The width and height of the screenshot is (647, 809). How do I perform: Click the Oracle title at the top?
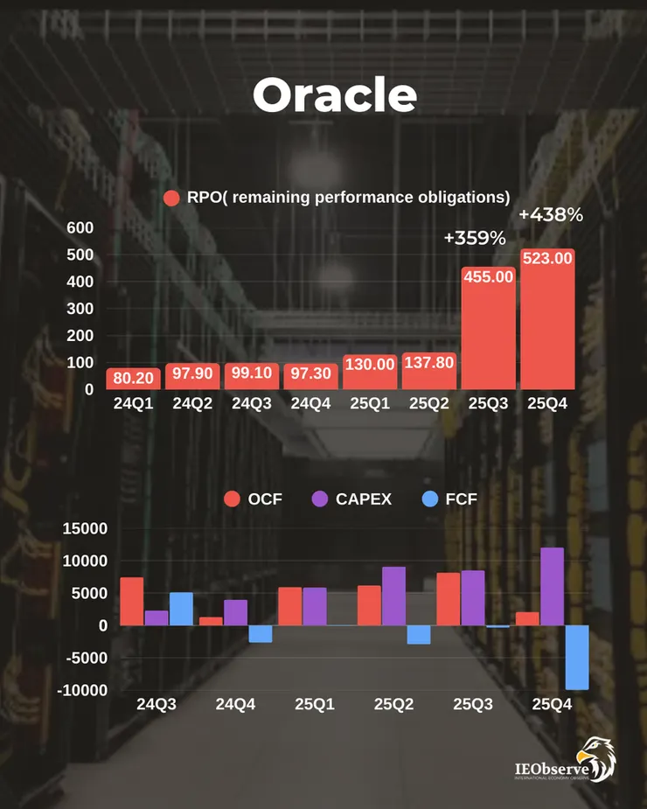[335, 95]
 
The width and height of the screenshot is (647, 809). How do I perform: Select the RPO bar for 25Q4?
[547, 324]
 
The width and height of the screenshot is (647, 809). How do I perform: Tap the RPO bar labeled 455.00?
[488, 332]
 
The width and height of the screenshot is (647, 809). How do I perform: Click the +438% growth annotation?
[550, 214]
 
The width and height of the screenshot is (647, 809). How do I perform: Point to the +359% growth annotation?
[475, 238]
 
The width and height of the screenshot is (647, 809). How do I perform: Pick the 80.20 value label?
[131, 379]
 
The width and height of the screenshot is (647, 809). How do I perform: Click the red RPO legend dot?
[171, 198]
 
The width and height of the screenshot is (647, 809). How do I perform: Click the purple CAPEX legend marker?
[320, 499]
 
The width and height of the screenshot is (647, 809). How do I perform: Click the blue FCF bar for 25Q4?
[576, 657]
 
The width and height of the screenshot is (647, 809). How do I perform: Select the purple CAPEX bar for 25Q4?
[552, 587]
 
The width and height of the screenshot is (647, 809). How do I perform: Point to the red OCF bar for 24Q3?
[132, 602]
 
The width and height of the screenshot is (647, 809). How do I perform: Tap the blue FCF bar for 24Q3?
[181, 609]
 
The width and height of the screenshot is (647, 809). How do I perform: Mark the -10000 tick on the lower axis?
[82, 690]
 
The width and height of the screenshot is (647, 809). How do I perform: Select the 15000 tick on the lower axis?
[84, 528]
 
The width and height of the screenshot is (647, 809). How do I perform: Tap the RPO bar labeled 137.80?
[428, 372]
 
